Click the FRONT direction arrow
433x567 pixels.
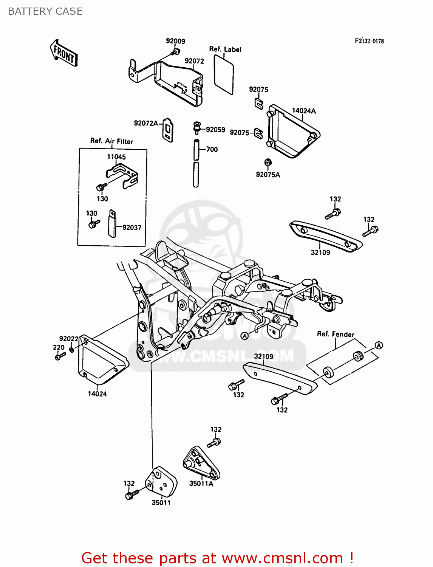click(x=63, y=54)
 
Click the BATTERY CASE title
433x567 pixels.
click(x=45, y=11)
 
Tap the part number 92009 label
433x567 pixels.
click(x=175, y=41)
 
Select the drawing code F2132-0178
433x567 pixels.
click(x=369, y=41)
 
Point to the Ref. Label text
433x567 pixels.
click(x=225, y=49)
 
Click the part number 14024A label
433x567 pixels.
click(x=303, y=111)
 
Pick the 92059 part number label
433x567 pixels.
click(x=215, y=130)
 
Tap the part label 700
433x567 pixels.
click(x=212, y=149)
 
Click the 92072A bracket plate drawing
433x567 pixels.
click(x=168, y=130)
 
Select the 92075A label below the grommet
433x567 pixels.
click(x=268, y=175)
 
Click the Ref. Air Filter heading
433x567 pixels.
click(x=111, y=141)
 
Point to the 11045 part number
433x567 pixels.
click(x=116, y=156)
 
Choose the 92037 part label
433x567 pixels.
click(x=131, y=228)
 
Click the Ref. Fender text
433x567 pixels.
click(x=336, y=334)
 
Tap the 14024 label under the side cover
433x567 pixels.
click(x=97, y=394)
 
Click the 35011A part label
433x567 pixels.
click(x=201, y=483)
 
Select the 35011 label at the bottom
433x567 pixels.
click(x=161, y=503)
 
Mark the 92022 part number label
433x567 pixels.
click(x=68, y=339)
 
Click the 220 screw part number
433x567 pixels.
click(x=59, y=347)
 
